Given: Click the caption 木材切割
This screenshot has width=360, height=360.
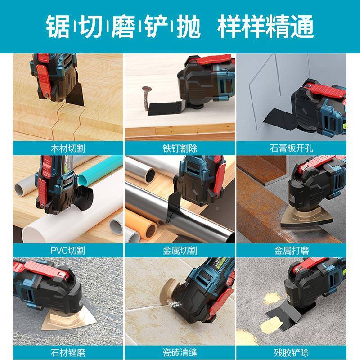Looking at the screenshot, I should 68,148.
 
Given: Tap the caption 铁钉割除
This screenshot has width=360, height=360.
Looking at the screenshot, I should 180,148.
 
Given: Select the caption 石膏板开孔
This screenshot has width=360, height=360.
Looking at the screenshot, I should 291,148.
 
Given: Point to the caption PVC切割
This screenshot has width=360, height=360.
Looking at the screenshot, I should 68,250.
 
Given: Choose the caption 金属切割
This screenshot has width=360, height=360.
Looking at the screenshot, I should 180,250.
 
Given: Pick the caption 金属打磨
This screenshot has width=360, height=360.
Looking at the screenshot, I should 291,250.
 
